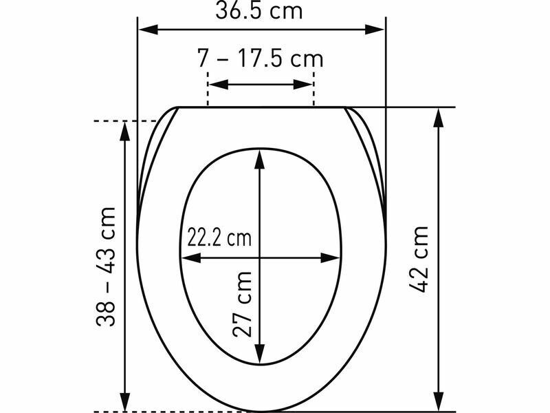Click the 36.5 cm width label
259,10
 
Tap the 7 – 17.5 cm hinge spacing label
260,58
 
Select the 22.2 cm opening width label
219,237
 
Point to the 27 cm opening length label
242,304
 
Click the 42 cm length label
419,260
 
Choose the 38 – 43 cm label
106,267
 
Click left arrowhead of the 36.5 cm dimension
148,30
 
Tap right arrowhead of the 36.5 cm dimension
375,30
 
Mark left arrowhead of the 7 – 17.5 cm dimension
219,85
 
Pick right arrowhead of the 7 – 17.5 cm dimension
302,85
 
